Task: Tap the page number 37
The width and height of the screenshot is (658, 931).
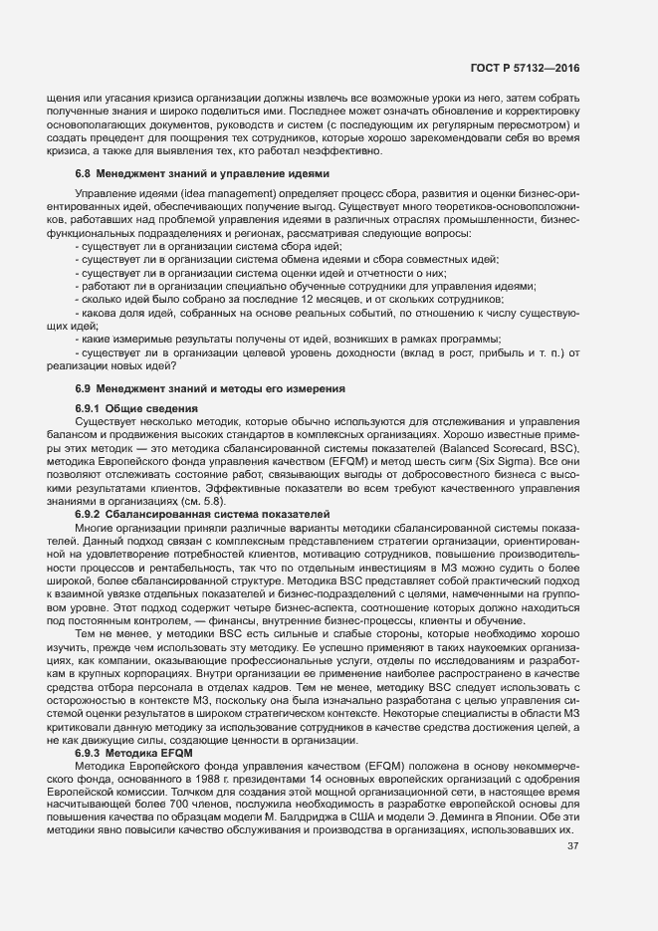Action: pos(572,846)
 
